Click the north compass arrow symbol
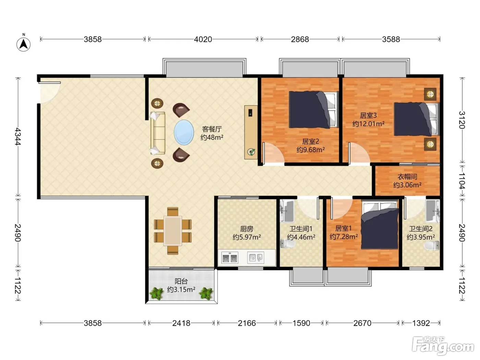tap(24, 44)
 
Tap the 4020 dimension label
tap(203, 39)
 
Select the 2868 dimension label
tap(300, 39)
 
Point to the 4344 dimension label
tap(18, 136)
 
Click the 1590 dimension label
tap(301, 323)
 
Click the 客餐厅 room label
tap(212, 129)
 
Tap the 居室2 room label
tap(310, 141)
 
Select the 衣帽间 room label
tap(407, 177)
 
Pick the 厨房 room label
tap(247, 229)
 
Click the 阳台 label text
tap(181, 281)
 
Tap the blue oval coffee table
tap(184, 132)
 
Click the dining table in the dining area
tap(173, 231)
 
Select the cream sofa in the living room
tap(158, 133)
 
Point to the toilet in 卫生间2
tap(432, 245)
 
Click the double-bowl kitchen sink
tap(230, 258)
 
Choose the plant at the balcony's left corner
tap(157, 293)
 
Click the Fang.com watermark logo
tap(443, 345)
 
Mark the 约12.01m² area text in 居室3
tap(368, 124)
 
